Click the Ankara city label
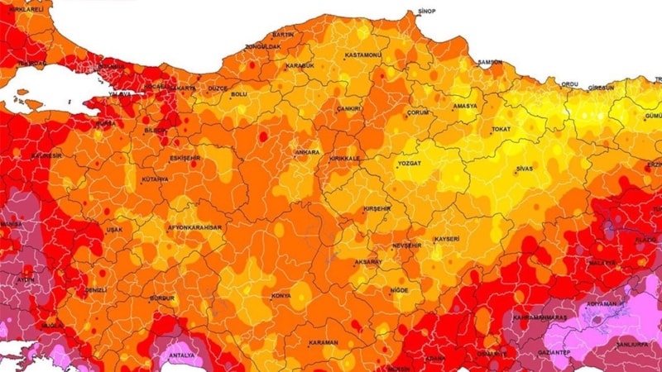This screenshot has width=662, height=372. coord(308,152)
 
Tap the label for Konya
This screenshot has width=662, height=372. coord(281,296)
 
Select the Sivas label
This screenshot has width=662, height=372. coord(523,168)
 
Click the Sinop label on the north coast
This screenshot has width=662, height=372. coord(426,12)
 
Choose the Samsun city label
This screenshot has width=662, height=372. coord(490,62)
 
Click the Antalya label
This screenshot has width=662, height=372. coord(181,356)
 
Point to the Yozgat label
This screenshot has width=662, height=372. coord(409,164)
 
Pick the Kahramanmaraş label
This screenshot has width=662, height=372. coord(539,317)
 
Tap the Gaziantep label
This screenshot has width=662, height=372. coord(554,353)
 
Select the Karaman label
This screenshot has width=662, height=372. coord(323,343)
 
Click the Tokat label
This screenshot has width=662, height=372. coord(501,130)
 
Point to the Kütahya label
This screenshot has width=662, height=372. coord(155,179)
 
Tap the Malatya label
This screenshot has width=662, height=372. coord(602,262)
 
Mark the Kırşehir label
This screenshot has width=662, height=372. coord(377,209)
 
